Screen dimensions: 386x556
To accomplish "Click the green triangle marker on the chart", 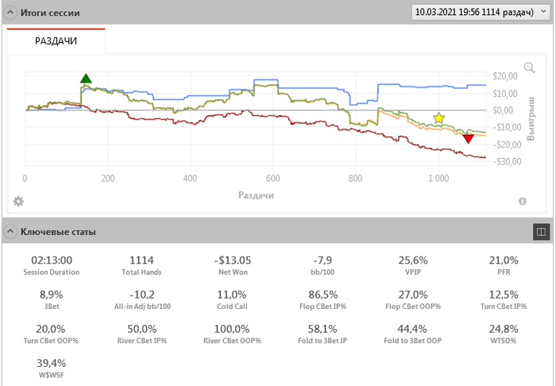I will click(x=86, y=78).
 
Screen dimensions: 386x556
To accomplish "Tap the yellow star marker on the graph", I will click(x=438, y=118).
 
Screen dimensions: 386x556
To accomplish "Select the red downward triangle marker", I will click(x=468, y=139).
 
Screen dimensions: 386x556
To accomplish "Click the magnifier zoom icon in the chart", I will click(x=529, y=68).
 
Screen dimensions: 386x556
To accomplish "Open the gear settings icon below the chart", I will click(x=17, y=201).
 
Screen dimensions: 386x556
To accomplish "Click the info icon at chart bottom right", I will click(x=523, y=202).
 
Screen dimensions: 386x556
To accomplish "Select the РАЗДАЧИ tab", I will click(x=56, y=41).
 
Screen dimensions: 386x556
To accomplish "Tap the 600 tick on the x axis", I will click(x=272, y=179).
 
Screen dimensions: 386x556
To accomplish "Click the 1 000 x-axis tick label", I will click(x=438, y=179).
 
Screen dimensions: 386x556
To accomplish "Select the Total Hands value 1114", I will click(x=142, y=260).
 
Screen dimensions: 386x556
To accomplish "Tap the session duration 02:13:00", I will click(x=52, y=260).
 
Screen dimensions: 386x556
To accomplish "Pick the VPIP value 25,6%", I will click(x=413, y=260).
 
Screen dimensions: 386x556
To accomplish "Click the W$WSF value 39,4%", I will click(x=52, y=365).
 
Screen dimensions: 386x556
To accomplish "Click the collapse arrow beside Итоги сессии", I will click(x=10, y=13).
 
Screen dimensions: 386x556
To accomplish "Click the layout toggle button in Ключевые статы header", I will click(x=541, y=231).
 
